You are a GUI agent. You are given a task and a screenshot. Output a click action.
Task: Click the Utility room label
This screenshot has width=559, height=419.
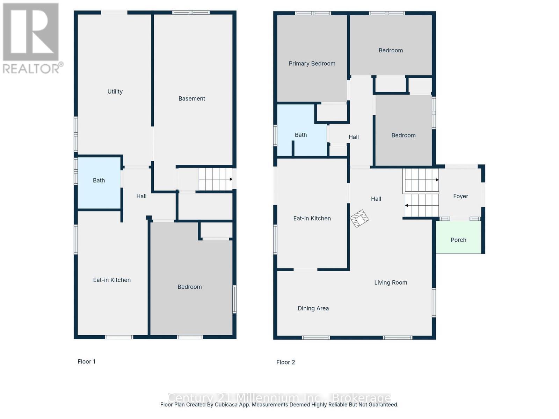coord(115,91)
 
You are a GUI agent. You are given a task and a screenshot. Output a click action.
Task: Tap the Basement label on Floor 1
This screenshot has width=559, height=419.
coord(191,98)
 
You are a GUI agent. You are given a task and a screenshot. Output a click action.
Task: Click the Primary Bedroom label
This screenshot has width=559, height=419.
coord(312,64)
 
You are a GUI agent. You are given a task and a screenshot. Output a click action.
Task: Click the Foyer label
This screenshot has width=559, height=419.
coord(460,196)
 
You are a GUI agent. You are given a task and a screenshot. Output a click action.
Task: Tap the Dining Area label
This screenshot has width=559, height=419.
coord(313,308)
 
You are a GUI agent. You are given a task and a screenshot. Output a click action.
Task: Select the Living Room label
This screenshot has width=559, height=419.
coord(391,282)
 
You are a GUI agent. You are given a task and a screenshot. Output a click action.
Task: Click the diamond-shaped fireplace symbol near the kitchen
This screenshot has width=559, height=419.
coord(360,219)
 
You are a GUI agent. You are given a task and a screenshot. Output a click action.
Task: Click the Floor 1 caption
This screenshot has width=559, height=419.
coord(86,361)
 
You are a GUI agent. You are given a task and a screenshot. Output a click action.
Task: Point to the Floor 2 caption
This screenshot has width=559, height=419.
coord(285,362)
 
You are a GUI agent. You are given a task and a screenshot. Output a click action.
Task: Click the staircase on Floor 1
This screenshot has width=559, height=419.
coord(215,179)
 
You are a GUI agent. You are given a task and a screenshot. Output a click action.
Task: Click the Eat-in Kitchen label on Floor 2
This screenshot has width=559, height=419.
coord(312,219)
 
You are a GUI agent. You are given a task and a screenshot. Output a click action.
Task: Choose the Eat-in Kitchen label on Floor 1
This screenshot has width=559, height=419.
coord(112,280)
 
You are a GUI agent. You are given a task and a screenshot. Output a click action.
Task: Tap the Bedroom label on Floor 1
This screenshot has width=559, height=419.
coord(189,287)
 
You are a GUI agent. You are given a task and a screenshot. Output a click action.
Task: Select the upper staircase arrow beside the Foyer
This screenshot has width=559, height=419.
coord(437,180)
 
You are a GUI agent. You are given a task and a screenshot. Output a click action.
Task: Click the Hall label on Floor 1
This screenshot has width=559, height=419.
coord(141,196)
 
